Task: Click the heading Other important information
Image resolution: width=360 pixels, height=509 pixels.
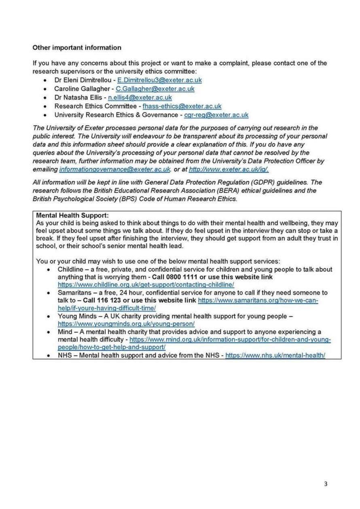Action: point(76,47)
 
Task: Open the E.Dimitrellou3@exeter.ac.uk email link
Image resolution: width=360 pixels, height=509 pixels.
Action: point(159,80)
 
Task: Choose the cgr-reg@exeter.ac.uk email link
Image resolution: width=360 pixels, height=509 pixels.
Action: point(216,115)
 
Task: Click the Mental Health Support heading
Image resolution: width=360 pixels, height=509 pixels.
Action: point(72,215)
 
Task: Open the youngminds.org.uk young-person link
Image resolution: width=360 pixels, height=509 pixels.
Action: point(126,324)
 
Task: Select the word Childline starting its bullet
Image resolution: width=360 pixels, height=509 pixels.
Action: point(69,269)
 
